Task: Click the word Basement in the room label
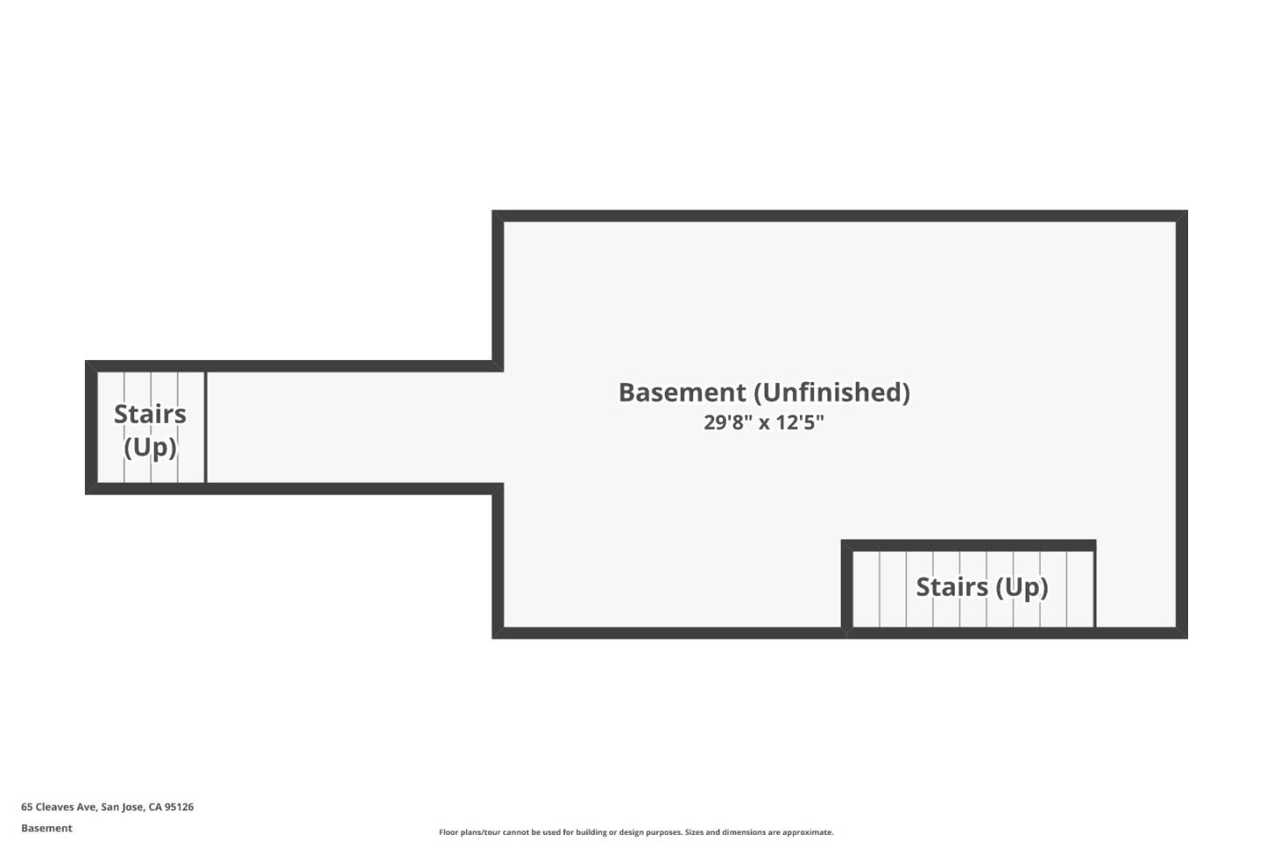pyautogui.click(x=682, y=393)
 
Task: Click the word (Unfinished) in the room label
pyautogui.click(x=832, y=393)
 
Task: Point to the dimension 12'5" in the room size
pyautogui.click(x=800, y=423)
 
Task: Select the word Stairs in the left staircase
pyautogui.click(x=150, y=414)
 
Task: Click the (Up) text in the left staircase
pyautogui.click(x=150, y=447)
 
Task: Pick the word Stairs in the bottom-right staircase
pyautogui.click(x=952, y=587)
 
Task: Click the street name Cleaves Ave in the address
pyautogui.click(x=66, y=807)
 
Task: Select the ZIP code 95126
pyautogui.click(x=179, y=807)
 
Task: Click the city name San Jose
pyautogui.click(x=123, y=807)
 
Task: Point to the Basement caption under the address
pyautogui.click(x=47, y=829)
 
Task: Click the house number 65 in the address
pyautogui.click(x=27, y=807)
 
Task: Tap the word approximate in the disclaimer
pyautogui.click(x=808, y=832)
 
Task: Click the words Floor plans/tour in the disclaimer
pyautogui.click(x=469, y=832)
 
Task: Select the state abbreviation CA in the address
pyautogui.click(x=156, y=807)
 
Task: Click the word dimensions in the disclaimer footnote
pyautogui.click(x=743, y=832)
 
